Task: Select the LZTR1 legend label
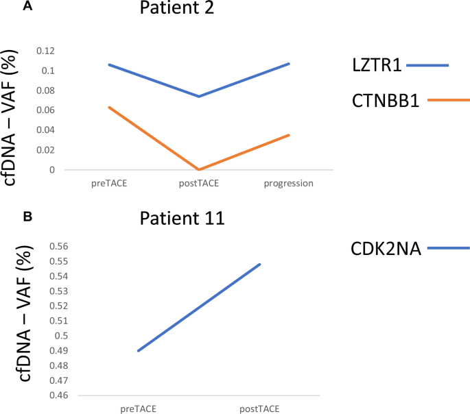[x=373, y=66]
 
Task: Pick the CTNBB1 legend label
[x=385, y=100]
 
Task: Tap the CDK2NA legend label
[x=386, y=249]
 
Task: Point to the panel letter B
[x=27, y=216]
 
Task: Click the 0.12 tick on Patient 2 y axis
[x=44, y=51]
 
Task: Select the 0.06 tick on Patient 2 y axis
[x=44, y=110]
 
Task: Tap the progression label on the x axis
[x=289, y=183]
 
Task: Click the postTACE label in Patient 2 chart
[x=199, y=183]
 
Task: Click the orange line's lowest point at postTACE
[x=199, y=169]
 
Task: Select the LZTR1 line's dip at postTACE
[x=199, y=96]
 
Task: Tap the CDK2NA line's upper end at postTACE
[x=260, y=264]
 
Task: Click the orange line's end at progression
[x=289, y=135]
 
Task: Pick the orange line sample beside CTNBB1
[x=448, y=100]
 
